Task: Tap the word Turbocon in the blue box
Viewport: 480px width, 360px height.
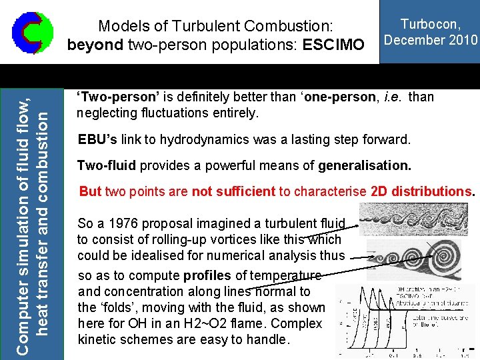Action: [430, 25]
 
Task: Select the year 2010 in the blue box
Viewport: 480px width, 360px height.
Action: [462, 40]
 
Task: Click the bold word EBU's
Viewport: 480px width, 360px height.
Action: [97, 140]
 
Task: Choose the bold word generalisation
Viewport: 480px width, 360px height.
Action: [365, 165]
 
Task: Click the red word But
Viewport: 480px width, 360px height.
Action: [90, 191]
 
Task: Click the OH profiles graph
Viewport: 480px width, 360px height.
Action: [405, 317]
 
